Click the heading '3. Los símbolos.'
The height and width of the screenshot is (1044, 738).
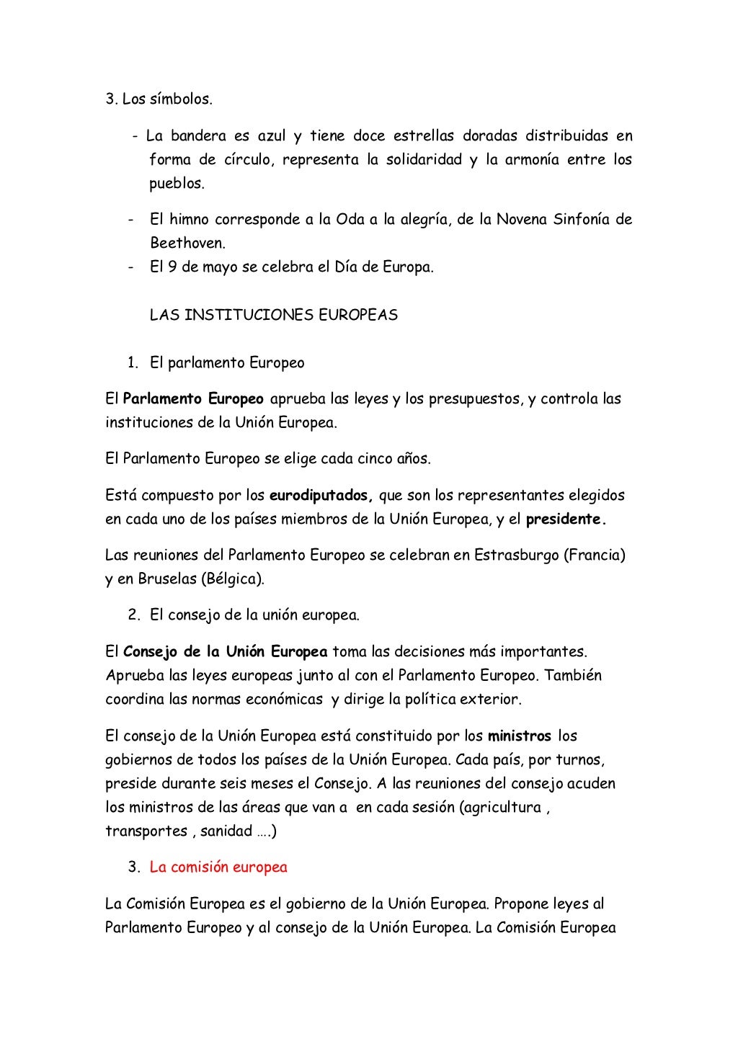(159, 99)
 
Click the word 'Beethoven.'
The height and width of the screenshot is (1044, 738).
(187, 244)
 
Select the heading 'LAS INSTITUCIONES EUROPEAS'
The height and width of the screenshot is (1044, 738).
(273, 316)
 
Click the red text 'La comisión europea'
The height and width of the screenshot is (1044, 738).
(218, 867)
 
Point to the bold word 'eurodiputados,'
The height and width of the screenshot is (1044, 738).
(321, 496)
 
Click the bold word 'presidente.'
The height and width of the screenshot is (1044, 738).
(566, 519)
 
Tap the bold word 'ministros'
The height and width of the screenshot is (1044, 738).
(520, 736)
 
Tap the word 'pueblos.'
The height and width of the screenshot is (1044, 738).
(177, 184)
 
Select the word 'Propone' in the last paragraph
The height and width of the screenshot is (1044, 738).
(521, 904)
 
